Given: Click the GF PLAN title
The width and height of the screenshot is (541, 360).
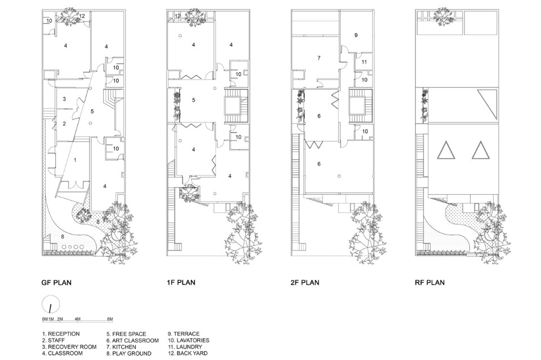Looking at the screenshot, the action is coord(56,283).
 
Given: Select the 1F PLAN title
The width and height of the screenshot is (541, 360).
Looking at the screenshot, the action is coord(181,283).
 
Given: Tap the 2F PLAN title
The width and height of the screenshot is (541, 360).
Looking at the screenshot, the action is coord(305,283).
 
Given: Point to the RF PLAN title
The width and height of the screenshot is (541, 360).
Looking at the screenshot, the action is coord(429,283).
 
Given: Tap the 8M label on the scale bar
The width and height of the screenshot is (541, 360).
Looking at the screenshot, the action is coord(110,319).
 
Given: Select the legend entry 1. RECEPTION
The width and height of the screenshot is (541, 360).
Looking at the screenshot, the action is coord(61,334).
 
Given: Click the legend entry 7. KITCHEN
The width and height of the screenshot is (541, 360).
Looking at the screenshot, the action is coord(121,347).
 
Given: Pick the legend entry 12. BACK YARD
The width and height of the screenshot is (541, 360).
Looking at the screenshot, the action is coord(188,353).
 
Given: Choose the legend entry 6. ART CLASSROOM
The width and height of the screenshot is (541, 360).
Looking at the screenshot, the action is coord(132,340).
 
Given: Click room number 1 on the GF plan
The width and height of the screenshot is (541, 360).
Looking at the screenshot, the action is coord(75,160).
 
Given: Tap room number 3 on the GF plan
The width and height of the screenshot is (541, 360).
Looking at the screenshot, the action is coord(64,99).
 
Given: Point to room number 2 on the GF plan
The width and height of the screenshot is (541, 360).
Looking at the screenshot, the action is coord(64,123).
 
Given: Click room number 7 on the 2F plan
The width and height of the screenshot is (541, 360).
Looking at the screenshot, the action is coord(319,58).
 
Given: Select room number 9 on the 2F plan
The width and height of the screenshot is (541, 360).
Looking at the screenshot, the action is coord(356,35).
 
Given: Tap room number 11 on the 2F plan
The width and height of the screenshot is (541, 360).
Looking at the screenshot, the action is coord(365,62).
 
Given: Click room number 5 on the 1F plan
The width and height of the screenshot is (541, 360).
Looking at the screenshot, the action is coord(193,100).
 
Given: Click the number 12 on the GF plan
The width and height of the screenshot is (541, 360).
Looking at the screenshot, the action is coord(82,16).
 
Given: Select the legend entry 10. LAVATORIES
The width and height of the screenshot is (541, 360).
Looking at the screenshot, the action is coord(188,340).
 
